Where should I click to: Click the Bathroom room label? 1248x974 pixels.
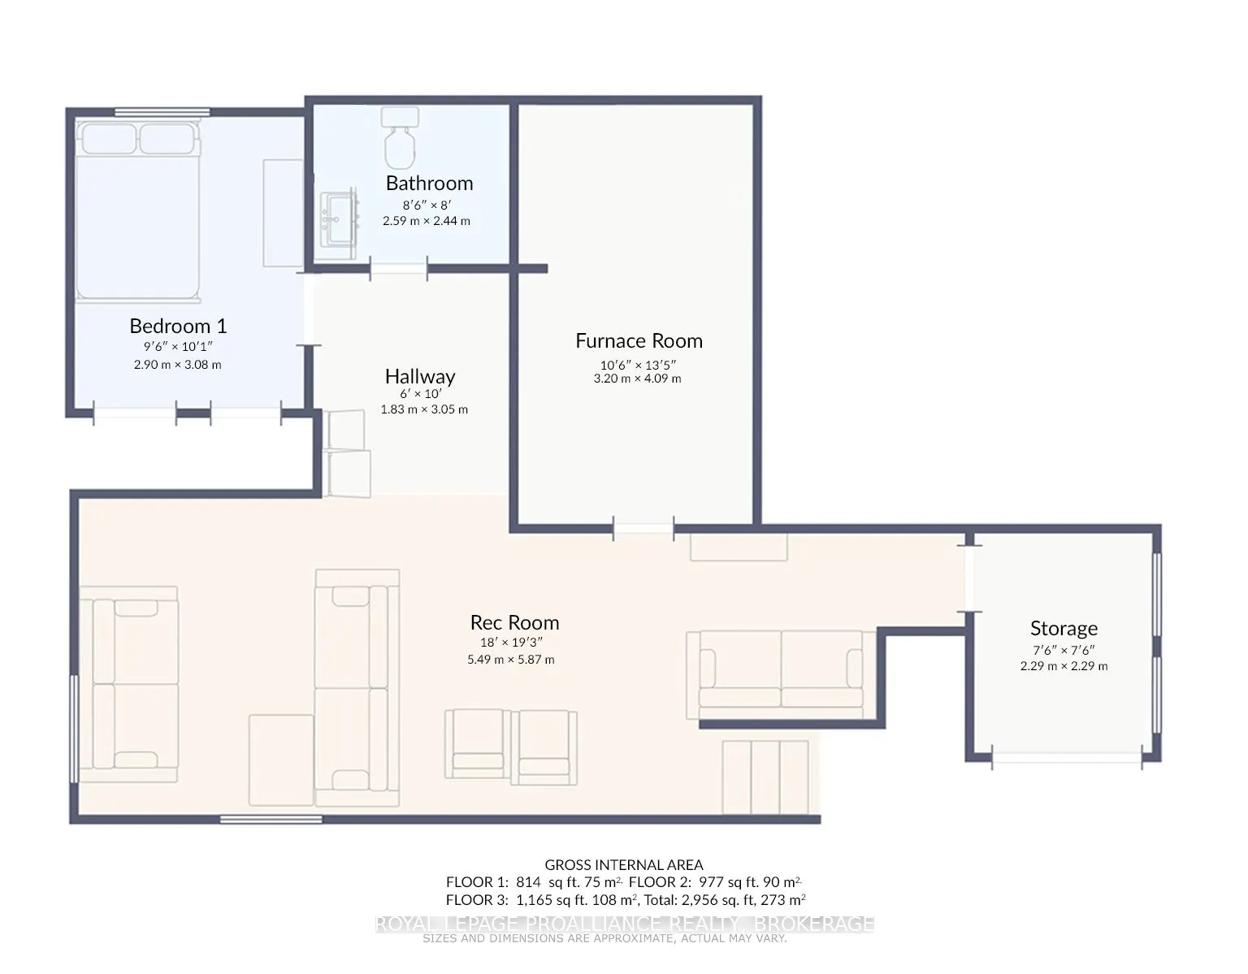pos(429,183)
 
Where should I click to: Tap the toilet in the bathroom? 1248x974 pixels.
pos(400,137)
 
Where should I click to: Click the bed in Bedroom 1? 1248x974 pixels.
pos(138,210)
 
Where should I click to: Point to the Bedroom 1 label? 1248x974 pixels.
pos(178,326)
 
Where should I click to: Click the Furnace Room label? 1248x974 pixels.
pos(639,341)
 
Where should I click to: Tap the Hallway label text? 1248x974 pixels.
pos(420,376)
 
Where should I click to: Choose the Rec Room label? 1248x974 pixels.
pos(514,622)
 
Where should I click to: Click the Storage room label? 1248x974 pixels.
pos(1064,629)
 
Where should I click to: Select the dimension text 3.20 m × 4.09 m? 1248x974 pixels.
pos(638,379)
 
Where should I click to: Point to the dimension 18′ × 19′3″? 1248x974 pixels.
pos(512,643)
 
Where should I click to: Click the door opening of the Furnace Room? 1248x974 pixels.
pos(643,529)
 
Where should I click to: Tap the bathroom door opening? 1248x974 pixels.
pos(399,269)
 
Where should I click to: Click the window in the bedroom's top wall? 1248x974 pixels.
pos(162,112)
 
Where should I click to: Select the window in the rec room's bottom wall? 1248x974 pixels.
pos(271,820)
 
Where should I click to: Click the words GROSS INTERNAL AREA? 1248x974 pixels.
pos(624,865)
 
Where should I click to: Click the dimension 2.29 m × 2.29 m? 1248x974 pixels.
pos(1064,666)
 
